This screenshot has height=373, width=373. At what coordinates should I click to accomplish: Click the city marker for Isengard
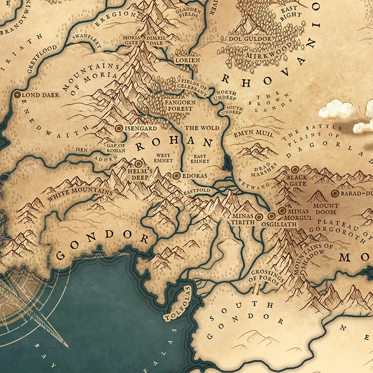[x=119, y=127]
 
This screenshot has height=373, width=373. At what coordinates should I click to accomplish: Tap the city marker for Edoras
[x=177, y=175]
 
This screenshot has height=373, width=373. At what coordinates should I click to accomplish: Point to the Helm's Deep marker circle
[x=139, y=164]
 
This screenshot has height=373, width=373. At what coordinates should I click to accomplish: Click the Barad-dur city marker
[x=335, y=193]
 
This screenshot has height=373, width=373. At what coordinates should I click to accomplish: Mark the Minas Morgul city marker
[x=282, y=211]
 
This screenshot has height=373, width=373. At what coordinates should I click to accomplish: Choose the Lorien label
[x=188, y=60]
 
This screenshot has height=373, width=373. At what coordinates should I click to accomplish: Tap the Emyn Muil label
[x=250, y=134]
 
